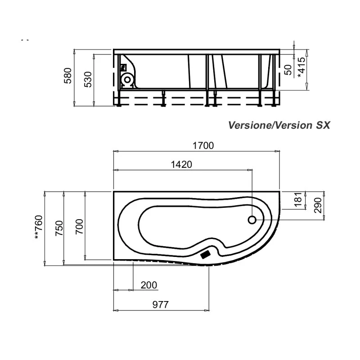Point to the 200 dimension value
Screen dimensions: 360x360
click(x=149, y=285)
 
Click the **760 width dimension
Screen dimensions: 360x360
click(x=39, y=228)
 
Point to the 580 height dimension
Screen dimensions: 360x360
click(x=68, y=76)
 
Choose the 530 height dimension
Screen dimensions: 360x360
click(x=89, y=79)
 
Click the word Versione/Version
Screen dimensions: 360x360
click(x=269, y=125)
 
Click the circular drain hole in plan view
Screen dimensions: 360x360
click(x=252, y=220)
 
